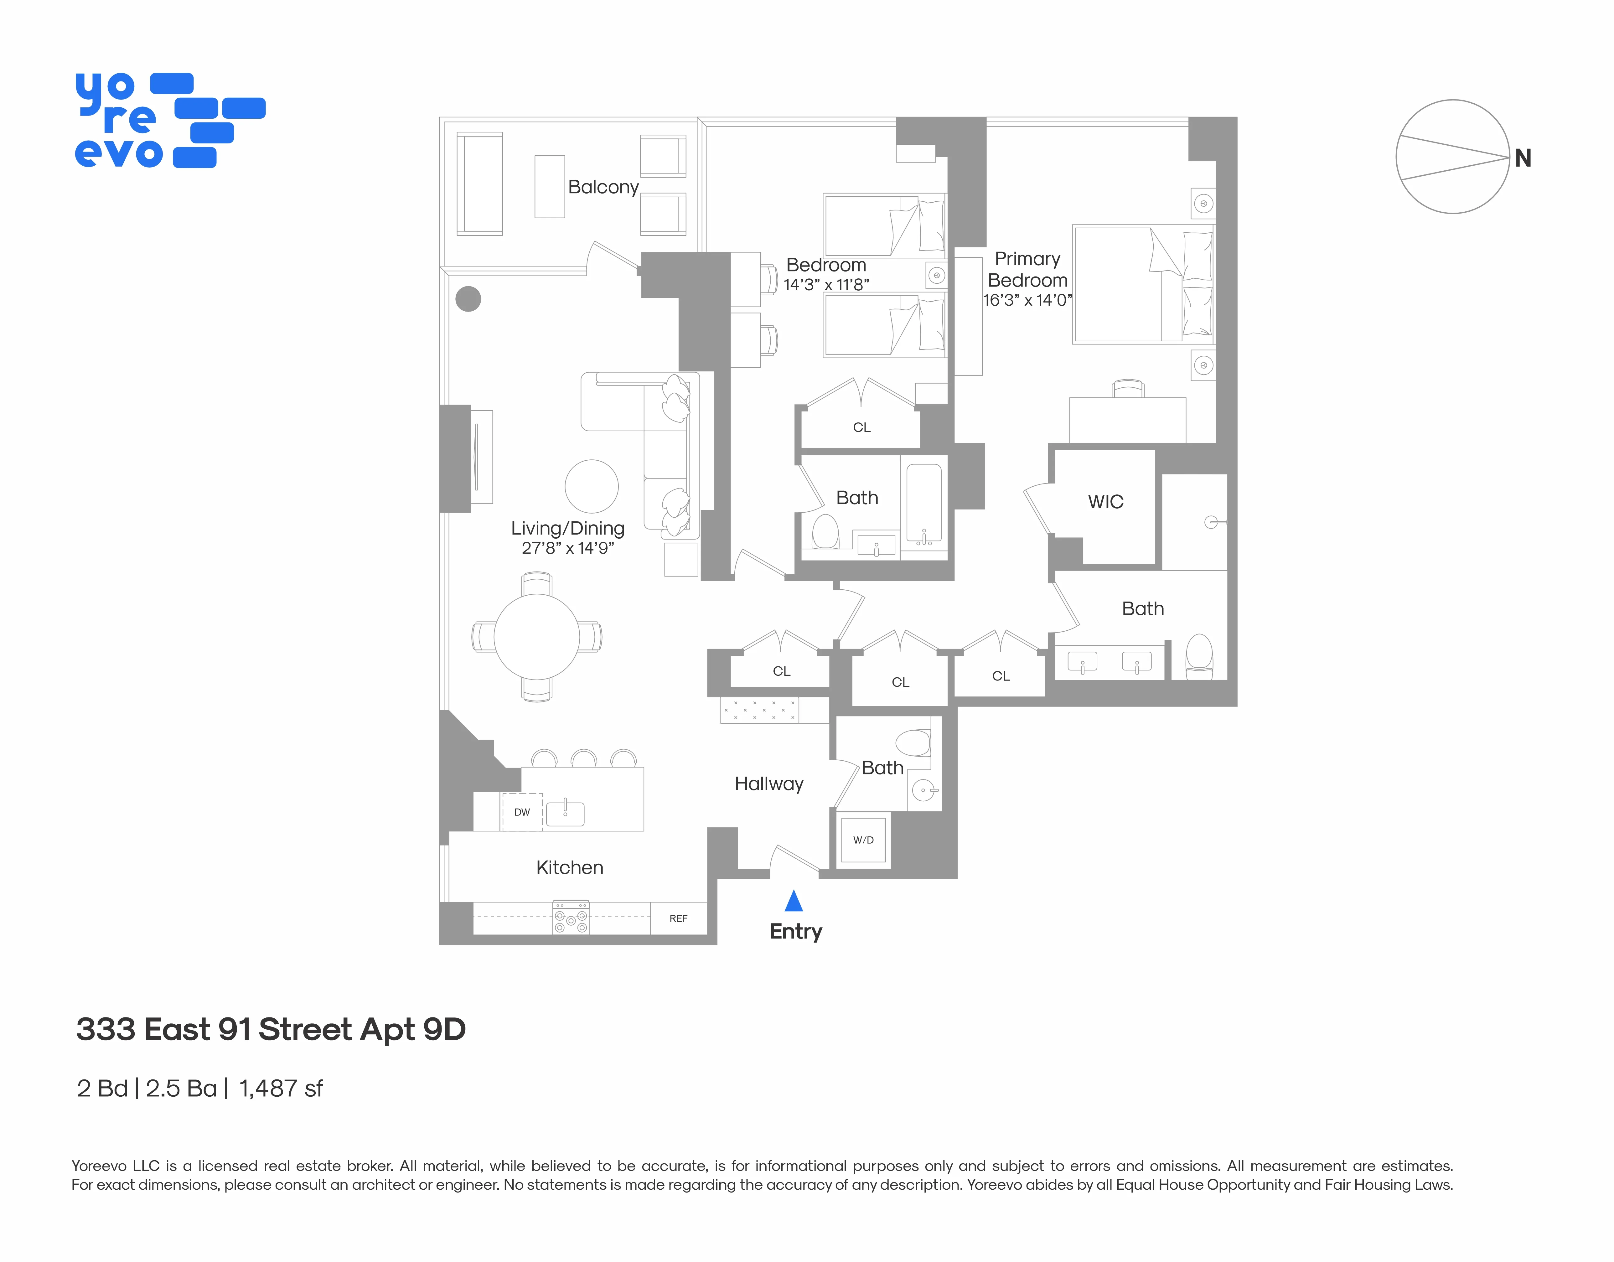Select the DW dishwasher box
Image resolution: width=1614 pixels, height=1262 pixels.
click(522, 812)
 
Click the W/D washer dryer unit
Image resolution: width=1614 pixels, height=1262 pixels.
click(863, 840)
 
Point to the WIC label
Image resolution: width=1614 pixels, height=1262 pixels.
click(1105, 502)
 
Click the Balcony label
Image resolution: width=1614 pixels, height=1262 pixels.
click(603, 187)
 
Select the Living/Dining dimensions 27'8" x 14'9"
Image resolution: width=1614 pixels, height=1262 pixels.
click(567, 548)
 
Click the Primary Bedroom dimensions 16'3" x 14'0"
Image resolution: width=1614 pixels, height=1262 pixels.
click(1027, 300)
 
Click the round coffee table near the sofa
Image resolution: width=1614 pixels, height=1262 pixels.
click(591, 486)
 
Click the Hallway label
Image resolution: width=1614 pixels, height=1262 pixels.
click(768, 784)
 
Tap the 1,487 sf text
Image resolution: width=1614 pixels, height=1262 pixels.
click(281, 1089)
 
